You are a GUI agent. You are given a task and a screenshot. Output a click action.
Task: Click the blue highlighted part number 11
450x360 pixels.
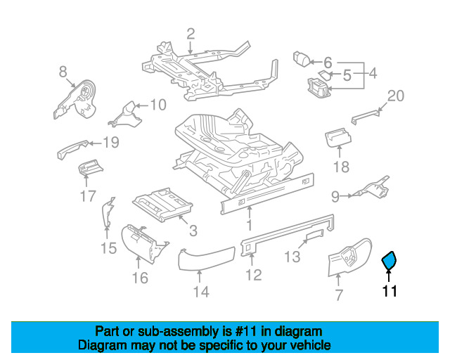(389, 262)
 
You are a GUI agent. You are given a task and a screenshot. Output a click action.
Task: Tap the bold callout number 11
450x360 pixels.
(390, 290)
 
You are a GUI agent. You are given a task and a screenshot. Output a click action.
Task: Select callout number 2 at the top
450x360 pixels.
(190, 32)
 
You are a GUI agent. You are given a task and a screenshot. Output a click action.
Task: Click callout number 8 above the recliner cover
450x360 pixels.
(63, 71)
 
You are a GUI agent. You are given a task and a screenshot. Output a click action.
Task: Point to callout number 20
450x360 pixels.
(396, 96)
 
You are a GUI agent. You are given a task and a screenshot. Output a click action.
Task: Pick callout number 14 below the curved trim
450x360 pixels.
(201, 292)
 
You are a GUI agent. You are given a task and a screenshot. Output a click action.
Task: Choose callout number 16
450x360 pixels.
(140, 277)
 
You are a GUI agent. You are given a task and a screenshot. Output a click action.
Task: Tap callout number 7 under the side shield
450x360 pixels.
(338, 295)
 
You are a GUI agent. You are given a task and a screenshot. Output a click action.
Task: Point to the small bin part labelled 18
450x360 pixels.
(340, 138)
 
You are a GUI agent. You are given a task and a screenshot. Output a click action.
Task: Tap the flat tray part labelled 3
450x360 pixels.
(163, 205)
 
